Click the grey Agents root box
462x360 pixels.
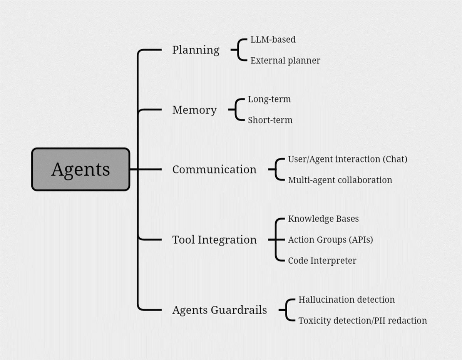(x=80, y=169)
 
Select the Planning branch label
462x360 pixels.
(x=196, y=50)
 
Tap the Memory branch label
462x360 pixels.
(x=194, y=110)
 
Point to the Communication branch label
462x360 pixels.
(x=214, y=169)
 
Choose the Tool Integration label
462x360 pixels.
(x=214, y=240)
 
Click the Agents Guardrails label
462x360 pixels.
(x=219, y=310)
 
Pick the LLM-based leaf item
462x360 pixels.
(x=273, y=39)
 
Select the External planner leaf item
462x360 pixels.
(x=285, y=60)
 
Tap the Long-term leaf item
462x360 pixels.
(x=269, y=99)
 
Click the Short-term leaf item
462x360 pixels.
(x=270, y=120)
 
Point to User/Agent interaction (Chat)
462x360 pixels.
(x=347, y=159)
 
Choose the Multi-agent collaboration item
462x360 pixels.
(x=340, y=180)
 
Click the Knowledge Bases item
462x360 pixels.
(x=323, y=219)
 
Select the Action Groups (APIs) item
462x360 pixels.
(x=330, y=240)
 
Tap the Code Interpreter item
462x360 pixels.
(x=322, y=261)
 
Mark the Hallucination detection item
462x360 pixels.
(x=346, y=300)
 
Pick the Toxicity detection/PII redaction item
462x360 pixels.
(x=363, y=320)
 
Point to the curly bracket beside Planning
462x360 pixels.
(x=239, y=50)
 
